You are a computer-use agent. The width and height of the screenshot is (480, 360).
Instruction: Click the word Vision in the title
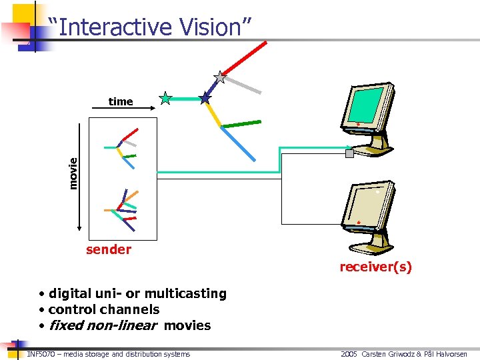(x=215, y=27)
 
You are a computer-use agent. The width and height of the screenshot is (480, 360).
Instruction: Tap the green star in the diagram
(x=165, y=99)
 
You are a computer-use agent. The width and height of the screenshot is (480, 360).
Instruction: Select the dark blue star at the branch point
(x=205, y=98)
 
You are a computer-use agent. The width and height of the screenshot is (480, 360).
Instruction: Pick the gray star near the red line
(x=220, y=78)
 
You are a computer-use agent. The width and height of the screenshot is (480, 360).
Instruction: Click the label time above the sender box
(x=121, y=101)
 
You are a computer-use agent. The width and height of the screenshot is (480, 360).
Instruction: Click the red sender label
(x=109, y=249)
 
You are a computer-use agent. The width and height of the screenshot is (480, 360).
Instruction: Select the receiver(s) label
(x=375, y=267)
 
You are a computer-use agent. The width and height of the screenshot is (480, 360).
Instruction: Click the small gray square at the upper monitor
(x=349, y=153)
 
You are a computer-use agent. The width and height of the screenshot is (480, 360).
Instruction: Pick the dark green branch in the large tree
(x=241, y=123)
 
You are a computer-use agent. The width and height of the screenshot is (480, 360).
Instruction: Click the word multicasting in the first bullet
(x=185, y=293)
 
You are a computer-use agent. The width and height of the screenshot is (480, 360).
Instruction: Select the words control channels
(x=104, y=309)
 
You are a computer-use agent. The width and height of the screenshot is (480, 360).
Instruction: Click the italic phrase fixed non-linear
(x=103, y=325)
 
